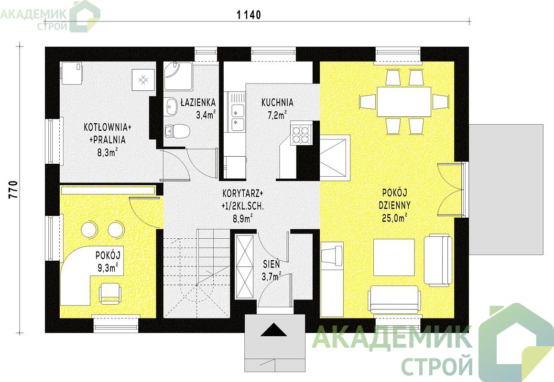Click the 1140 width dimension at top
coord(249,15)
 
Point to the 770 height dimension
coord(13,191)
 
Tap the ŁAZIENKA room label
coord(198,102)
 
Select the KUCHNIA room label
coord(277,102)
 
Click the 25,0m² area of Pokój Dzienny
coord(394,217)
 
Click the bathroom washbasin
coord(171,106)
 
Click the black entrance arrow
coord(274,330)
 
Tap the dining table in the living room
coord(404,102)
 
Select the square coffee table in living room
coord(394,257)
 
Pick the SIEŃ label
coord(272,264)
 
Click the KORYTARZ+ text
coord(243,194)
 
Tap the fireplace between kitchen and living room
coord(335,158)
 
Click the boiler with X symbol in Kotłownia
coord(143,81)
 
